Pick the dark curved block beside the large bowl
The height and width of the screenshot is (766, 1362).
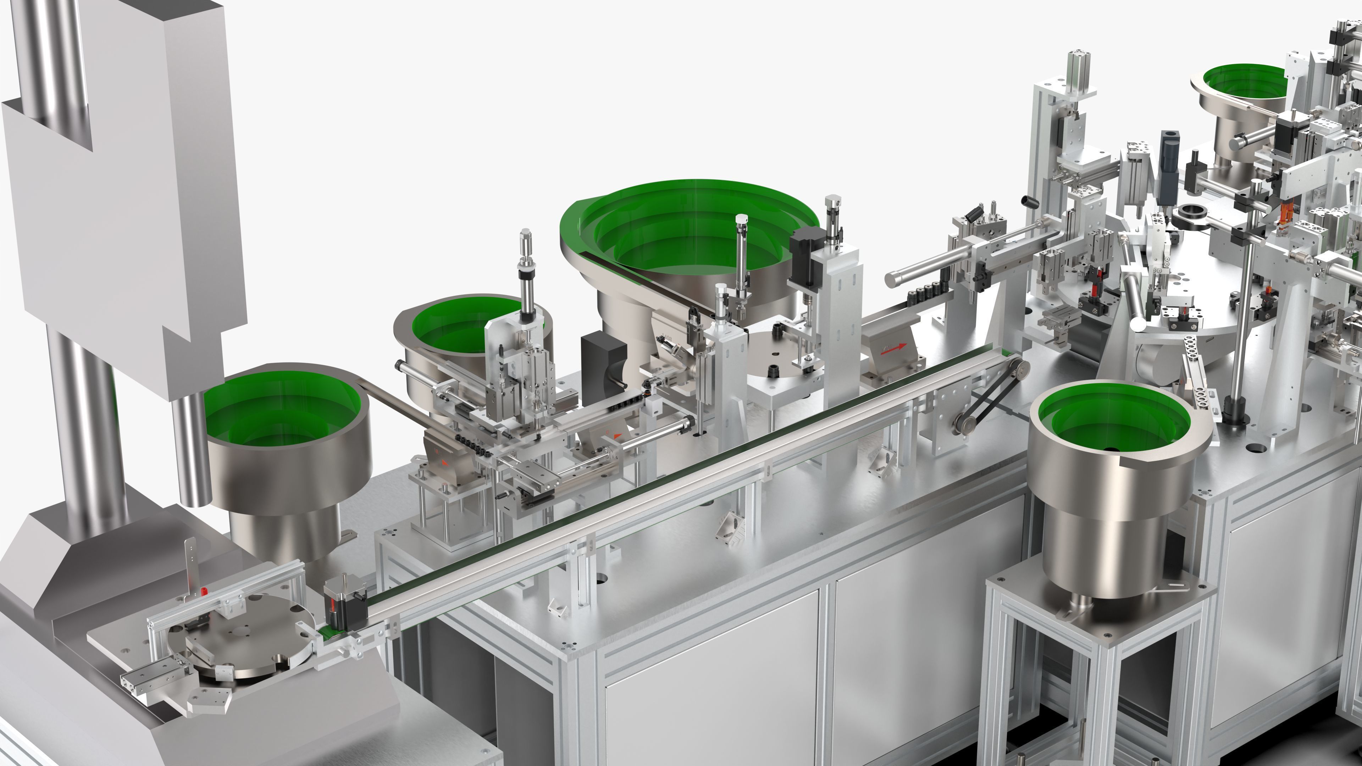coord(603,360)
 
